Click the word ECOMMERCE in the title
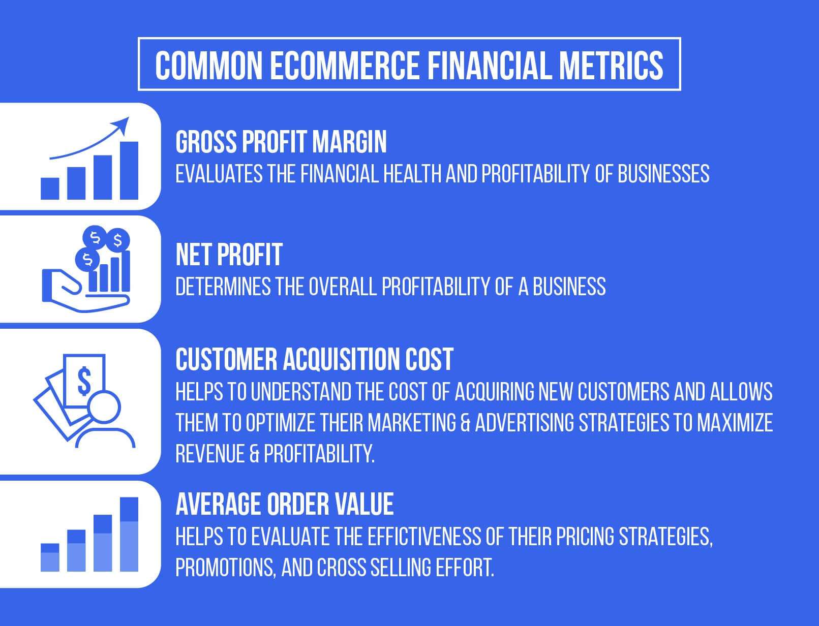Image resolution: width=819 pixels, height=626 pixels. pyautogui.click(x=344, y=65)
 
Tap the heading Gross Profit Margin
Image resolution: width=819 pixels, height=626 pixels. pyautogui.click(x=281, y=142)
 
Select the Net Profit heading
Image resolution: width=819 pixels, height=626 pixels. pyautogui.click(x=229, y=255)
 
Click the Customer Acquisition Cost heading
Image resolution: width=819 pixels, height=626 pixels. pyautogui.click(x=314, y=359)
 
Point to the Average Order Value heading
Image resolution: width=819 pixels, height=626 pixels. pyautogui.click(x=285, y=504)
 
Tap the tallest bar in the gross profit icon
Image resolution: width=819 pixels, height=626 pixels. pyautogui.click(x=129, y=170)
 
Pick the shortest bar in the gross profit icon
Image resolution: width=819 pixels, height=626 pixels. pyautogui.click(x=50, y=188)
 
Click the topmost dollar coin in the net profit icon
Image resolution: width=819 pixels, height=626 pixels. pyautogui.click(x=95, y=236)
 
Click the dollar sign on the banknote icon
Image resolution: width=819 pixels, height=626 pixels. pyautogui.click(x=84, y=382)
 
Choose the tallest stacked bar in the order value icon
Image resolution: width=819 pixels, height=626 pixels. pyautogui.click(x=129, y=534)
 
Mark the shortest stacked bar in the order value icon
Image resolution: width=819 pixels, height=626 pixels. pyautogui.click(x=50, y=557)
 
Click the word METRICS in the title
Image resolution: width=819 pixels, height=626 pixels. pyautogui.click(x=611, y=65)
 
